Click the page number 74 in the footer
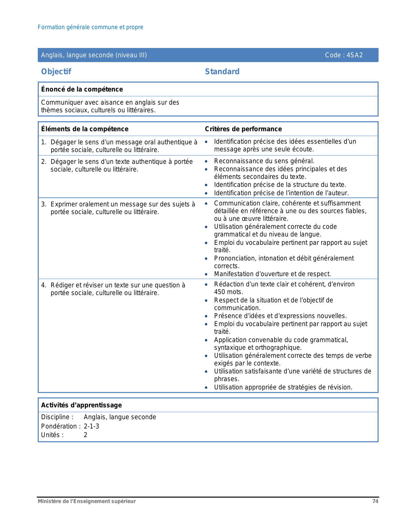coord(375,501)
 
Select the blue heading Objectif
coord(56,72)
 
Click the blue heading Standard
coord(222,72)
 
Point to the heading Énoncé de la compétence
coord(82,89)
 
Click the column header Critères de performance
coord(243,129)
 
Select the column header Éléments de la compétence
coord(85,129)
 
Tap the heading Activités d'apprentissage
coord(81,405)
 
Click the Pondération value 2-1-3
coord(92,426)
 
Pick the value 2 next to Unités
coord(85,435)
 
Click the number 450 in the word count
coord(220,292)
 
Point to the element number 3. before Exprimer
coord(44,204)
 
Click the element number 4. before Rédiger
coord(44,285)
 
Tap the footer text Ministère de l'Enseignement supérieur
coord(87,501)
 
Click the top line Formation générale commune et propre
coord(90,27)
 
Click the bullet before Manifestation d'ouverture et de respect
coord(206,274)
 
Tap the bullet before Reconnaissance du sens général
coord(206,161)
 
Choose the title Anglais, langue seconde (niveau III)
coord(94,55)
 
